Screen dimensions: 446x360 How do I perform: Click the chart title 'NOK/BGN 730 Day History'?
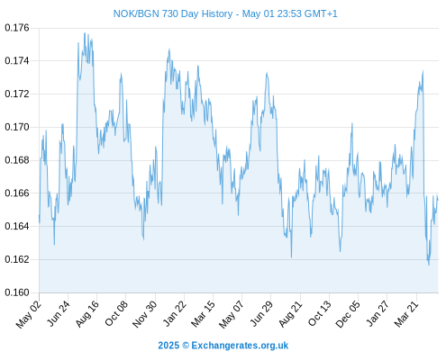173,13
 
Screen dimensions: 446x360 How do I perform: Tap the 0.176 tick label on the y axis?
17,28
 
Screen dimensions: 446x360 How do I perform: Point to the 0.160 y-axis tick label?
17,292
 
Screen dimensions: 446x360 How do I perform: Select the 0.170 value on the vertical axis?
17,127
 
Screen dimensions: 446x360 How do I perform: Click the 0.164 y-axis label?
17,226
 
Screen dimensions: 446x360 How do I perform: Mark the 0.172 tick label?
17,94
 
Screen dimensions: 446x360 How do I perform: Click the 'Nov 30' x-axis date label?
144,314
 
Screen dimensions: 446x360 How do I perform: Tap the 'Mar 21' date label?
406,314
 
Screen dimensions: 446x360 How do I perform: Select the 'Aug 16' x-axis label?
86,314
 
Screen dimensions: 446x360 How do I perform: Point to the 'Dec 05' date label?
348,314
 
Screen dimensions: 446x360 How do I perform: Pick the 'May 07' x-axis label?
232,314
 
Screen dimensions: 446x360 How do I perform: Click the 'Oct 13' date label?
319,314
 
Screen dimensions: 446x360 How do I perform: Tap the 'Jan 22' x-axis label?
174,314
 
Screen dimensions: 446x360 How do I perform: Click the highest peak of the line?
85,33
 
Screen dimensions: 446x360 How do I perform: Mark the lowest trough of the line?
429,265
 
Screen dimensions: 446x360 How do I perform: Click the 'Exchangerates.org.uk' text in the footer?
240,346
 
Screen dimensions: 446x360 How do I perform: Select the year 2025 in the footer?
168,346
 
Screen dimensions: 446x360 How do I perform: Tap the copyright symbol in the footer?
186,346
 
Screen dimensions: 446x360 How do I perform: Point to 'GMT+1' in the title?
321,13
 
